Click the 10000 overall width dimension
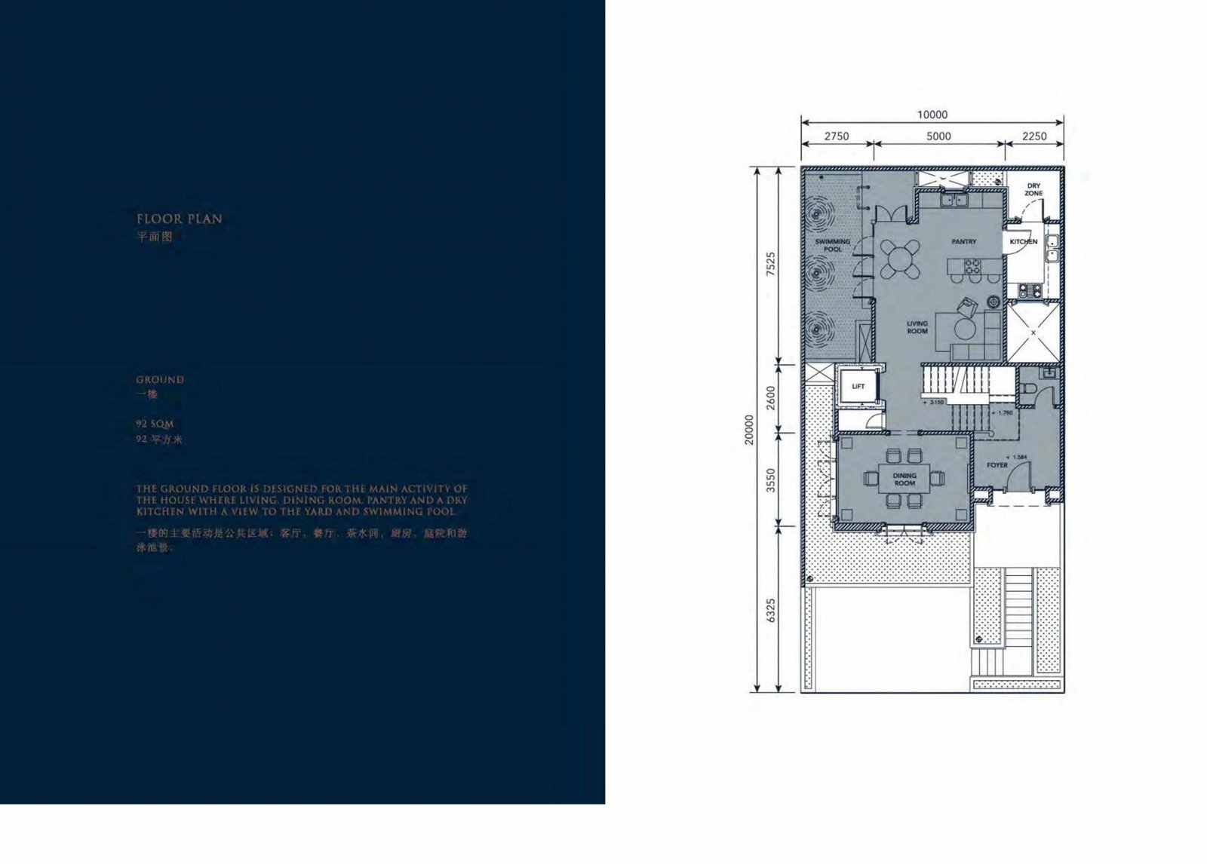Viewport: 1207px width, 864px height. point(932,115)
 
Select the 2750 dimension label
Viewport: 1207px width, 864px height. point(836,136)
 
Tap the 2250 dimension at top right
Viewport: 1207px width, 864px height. point(1034,136)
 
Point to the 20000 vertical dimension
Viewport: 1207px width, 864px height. point(749,429)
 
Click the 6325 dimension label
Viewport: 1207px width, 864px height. point(770,610)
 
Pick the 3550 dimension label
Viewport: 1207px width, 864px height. point(770,479)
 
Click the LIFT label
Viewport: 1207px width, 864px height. point(858,387)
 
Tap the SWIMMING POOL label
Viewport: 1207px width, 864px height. point(833,245)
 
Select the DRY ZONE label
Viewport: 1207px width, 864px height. point(1033,189)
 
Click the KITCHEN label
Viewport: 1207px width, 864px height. point(1024,242)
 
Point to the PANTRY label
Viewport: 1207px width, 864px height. point(963,242)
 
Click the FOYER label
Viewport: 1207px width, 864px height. point(997,465)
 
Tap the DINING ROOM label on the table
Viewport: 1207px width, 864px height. point(904,479)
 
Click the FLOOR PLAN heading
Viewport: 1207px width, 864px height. point(180,219)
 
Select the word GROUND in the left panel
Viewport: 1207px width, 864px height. point(160,380)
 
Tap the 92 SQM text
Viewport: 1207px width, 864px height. point(155,424)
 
